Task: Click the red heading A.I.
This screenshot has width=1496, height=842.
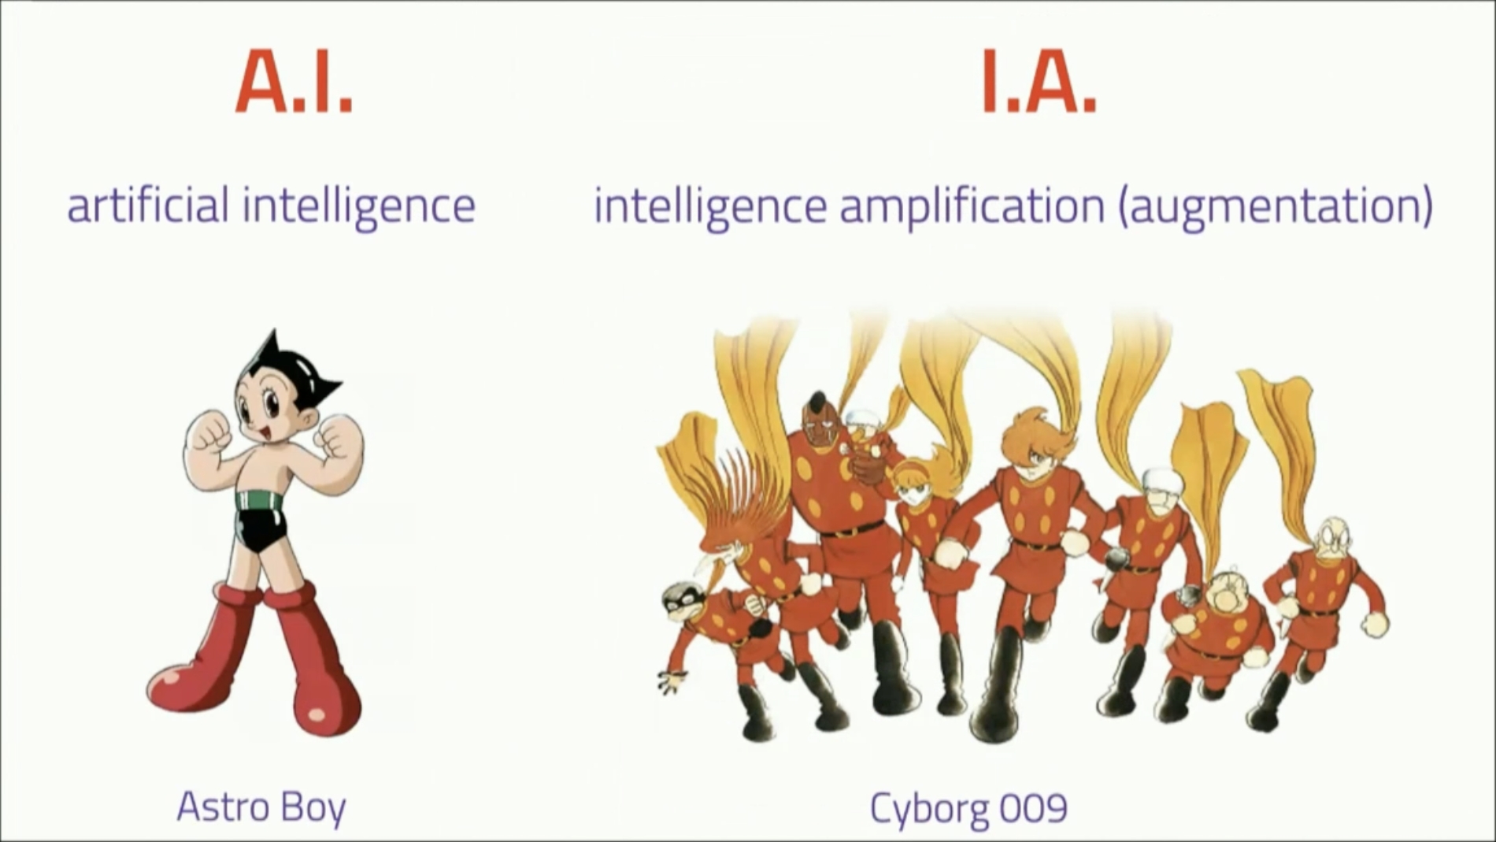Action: (x=294, y=83)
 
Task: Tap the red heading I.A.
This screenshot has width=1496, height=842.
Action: (x=1039, y=83)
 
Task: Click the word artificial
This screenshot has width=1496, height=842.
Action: (x=148, y=205)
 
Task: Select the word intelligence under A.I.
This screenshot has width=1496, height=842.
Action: (x=360, y=206)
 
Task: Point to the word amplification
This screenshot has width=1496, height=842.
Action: (x=972, y=206)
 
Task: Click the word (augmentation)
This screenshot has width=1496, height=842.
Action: (x=1276, y=206)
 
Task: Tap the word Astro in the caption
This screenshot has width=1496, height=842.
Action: (x=217, y=807)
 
